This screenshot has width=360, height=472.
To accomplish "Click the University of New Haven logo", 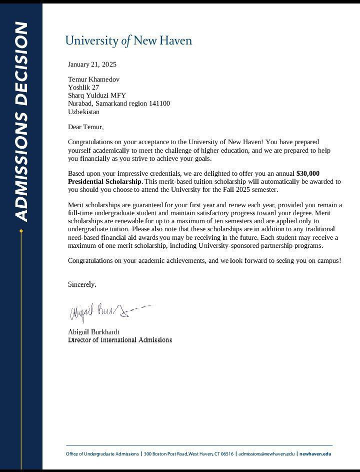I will coord(128,41).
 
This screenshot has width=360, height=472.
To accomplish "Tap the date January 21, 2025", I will coord(92,64).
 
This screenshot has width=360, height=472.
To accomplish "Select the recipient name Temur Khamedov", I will coord(93,79).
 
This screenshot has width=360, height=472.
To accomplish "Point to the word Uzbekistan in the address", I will coord(83,112).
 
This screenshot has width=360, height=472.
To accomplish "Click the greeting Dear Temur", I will coord(85,127).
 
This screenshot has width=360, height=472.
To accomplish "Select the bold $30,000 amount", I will coord(308,173).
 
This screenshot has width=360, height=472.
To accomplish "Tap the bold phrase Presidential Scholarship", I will coord(104,181).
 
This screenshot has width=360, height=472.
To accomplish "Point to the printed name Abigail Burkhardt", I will coord(93,332).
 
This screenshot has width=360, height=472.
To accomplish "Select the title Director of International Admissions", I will coord(120,340).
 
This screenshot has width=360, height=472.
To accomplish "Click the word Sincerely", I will coord(81,284).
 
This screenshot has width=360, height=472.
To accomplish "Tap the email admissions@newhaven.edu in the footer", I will coord(266,454).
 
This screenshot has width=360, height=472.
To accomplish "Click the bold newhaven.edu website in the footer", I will coord(315,454).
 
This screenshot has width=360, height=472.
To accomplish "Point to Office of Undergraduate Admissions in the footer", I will coord(102,454).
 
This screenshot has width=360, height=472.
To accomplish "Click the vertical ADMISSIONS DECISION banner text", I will coord(21,121).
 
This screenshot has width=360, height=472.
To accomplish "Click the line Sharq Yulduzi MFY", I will coord(97,95).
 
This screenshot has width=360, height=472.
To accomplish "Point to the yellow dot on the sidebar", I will coord(21,231).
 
